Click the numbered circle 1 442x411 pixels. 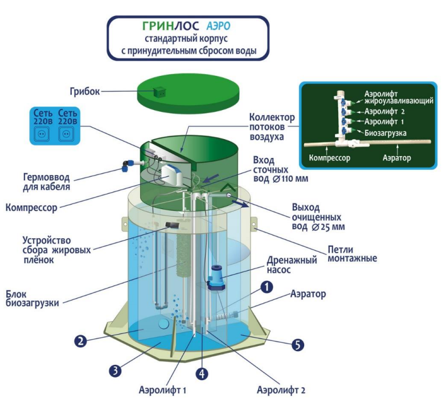tap(267, 287)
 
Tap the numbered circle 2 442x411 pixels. tap(81, 341)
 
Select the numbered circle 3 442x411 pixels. tap(115, 370)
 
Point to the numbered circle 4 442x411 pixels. tap(202, 374)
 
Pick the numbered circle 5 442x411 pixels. tap(298, 345)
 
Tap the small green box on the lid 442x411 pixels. tap(159, 92)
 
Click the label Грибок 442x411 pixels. tap(84, 91)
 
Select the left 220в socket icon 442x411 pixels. tap(42, 133)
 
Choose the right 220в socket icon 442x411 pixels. tap(66, 133)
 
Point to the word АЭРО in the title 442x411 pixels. tap(218, 26)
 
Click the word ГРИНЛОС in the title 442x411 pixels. tap(170, 26)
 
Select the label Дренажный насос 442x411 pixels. tap(292, 264)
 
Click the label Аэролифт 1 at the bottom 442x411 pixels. tap(162, 390)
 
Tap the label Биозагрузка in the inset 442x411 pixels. tap(386, 133)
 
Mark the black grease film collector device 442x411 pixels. tap(172, 225)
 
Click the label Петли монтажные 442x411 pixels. tap(352, 254)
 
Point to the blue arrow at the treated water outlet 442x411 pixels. tap(240, 204)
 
